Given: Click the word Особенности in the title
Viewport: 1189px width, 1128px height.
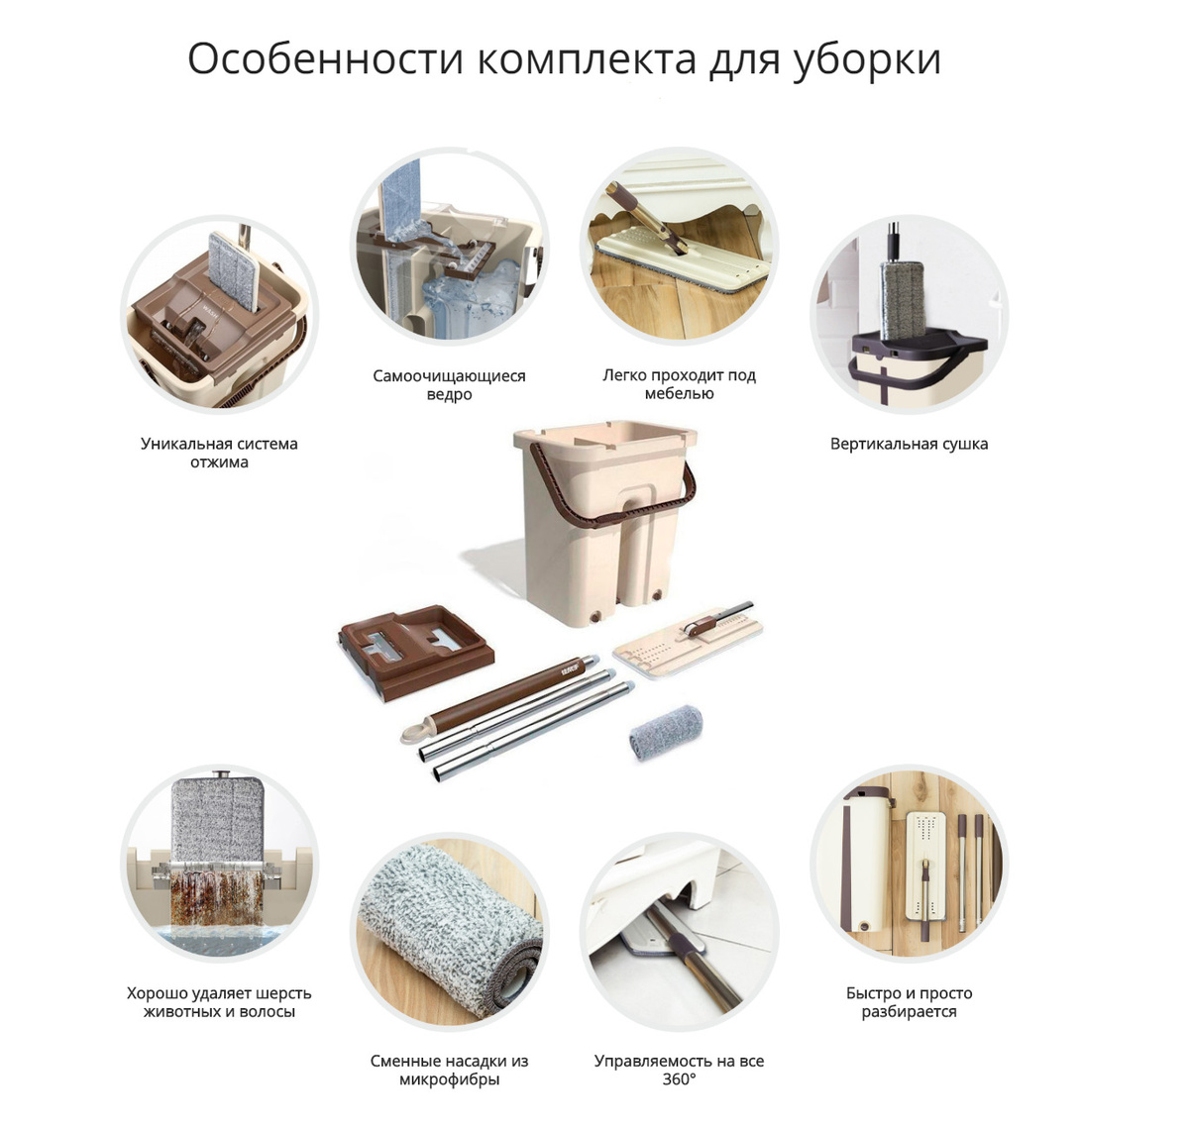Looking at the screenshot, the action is (x=325, y=59).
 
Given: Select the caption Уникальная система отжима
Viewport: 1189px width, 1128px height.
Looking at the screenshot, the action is (x=219, y=453).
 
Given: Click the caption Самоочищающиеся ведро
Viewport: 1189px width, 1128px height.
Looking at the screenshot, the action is (x=449, y=385).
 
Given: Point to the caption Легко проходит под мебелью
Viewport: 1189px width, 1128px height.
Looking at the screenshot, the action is (x=679, y=384).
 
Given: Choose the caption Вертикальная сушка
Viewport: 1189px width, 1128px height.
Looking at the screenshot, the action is (x=909, y=445).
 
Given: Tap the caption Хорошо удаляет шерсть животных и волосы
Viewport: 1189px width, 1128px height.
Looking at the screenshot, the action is (x=219, y=1002).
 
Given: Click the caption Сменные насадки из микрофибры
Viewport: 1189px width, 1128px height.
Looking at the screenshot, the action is (x=449, y=1070).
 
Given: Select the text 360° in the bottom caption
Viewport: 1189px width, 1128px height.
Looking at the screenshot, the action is (x=679, y=1079).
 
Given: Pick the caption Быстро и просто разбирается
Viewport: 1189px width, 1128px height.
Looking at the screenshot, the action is (x=909, y=1002).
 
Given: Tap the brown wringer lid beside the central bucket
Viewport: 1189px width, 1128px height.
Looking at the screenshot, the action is (x=416, y=651).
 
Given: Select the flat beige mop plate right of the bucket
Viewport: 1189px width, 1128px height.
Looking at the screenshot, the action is (x=688, y=643).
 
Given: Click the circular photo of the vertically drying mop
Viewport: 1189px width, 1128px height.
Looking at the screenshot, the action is (x=909, y=314).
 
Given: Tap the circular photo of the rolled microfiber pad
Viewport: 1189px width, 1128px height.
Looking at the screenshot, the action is (x=450, y=932).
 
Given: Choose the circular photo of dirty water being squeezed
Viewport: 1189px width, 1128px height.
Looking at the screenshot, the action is (x=220, y=864).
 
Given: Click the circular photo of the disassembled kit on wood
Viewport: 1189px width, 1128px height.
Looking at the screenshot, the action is (x=909, y=864).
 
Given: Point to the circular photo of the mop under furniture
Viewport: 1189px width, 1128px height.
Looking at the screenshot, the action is (x=679, y=247).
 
